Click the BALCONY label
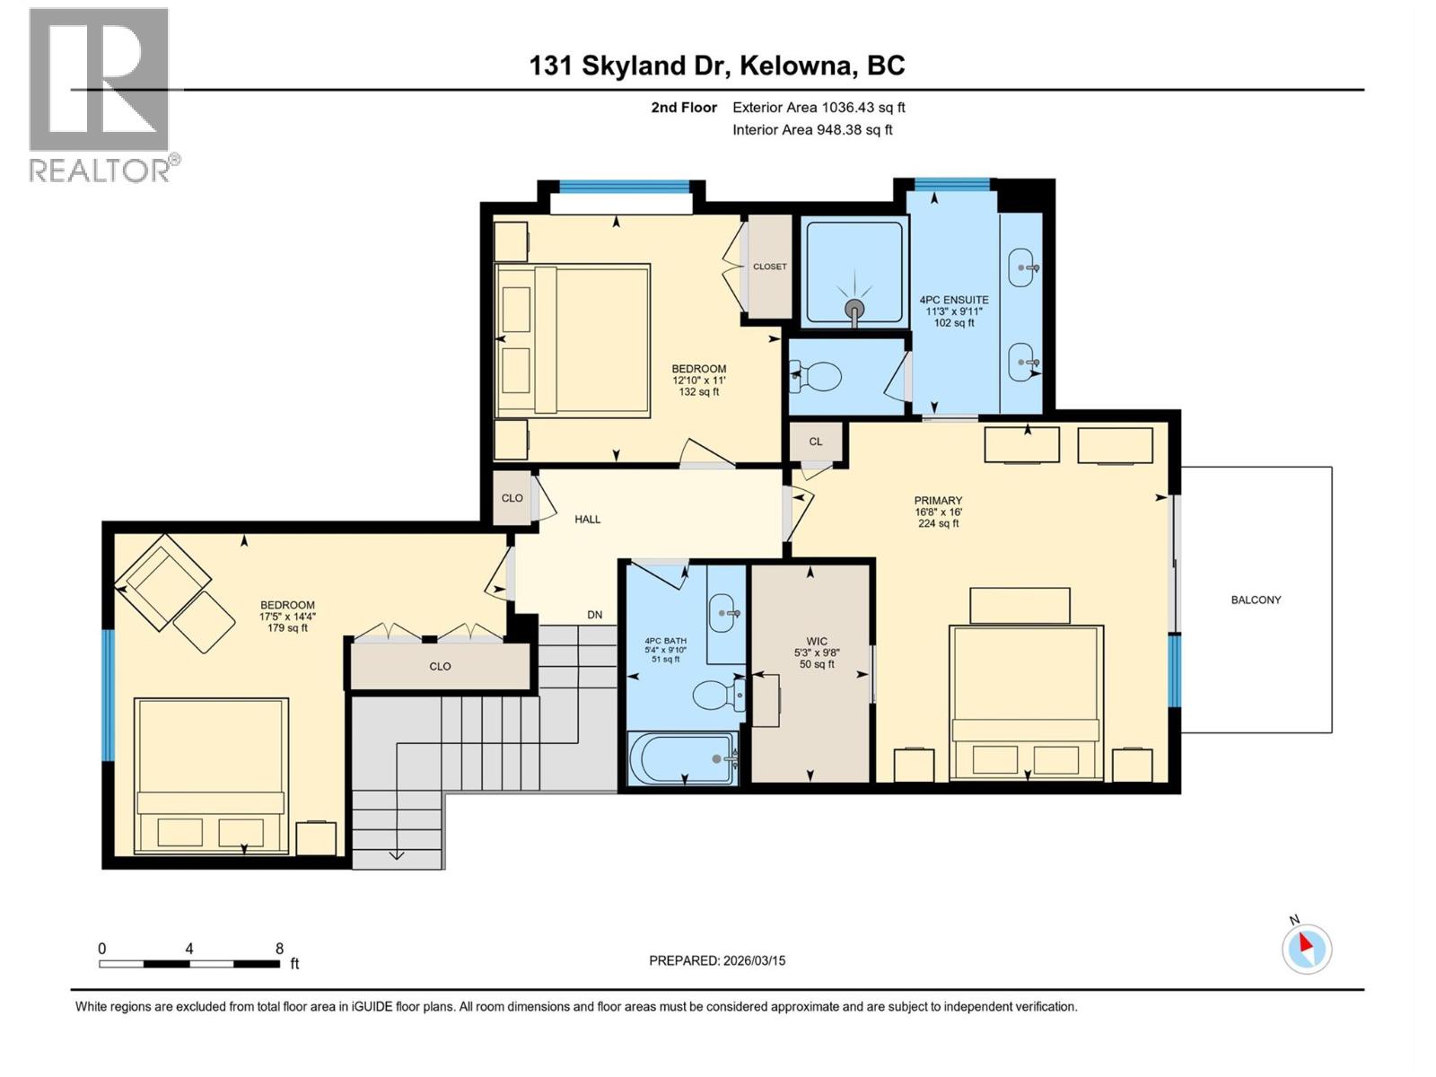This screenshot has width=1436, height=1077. pyautogui.click(x=1255, y=600)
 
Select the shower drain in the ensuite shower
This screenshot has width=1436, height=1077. pyautogui.click(x=854, y=310)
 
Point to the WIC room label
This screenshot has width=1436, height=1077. pyautogui.click(x=816, y=641)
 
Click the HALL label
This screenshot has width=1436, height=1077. pyautogui.click(x=587, y=519)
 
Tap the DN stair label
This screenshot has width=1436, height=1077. pyautogui.click(x=594, y=615)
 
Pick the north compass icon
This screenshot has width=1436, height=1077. pyautogui.click(x=1306, y=948)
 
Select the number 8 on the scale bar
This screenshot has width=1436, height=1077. pyautogui.click(x=279, y=949)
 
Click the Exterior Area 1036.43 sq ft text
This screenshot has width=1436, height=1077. pyautogui.click(x=818, y=107)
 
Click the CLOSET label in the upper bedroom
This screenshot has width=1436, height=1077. pyautogui.click(x=769, y=267)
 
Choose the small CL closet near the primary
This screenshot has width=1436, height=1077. pyautogui.click(x=815, y=441)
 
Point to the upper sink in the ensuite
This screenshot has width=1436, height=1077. pyautogui.click(x=1025, y=267)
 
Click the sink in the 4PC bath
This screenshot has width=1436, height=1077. pyautogui.click(x=724, y=614)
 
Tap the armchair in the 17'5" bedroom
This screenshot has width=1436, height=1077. pyautogui.click(x=162, y=581)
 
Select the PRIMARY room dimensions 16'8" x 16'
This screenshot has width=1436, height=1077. pyautogui.click(x=938, y=512)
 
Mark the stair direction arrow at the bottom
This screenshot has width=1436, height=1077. pyautogui.click(x=396, y=854)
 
